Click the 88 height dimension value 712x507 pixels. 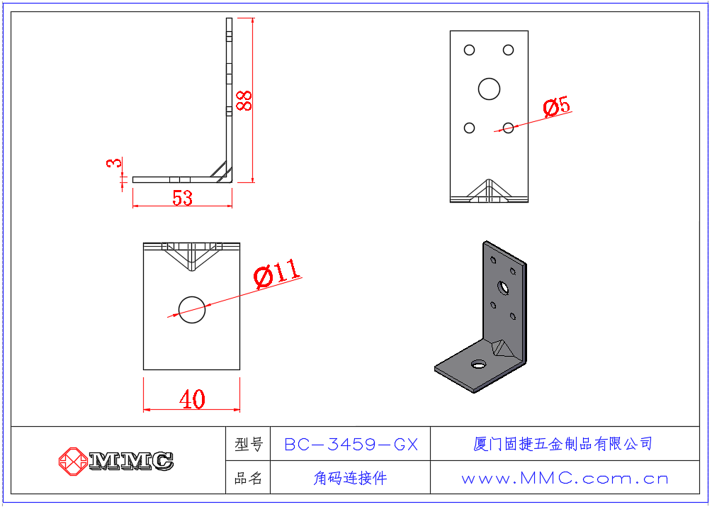(244, 100)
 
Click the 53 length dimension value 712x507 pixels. (182, 198)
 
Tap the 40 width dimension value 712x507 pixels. (191, 400)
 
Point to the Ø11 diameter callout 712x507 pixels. (277, 273)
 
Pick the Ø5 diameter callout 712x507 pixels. (556, 107)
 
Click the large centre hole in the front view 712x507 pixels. (489, 89)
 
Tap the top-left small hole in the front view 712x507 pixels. (469, 50)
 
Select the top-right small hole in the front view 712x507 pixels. (508, 50)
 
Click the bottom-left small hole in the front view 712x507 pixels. (469, 128)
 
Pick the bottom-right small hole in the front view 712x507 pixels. (508, 128)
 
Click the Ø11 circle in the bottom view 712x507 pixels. (191, 310)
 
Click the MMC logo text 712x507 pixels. (131, 461)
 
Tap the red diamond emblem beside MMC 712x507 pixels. (72, 461)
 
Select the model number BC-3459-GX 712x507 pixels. (351, 445)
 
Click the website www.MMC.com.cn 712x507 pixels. (565, 479)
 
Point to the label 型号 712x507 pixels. (248, 445)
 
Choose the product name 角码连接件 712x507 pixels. (351, 479)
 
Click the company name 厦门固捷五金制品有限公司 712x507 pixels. (563, 445)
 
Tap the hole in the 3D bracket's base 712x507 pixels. (478, 364)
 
